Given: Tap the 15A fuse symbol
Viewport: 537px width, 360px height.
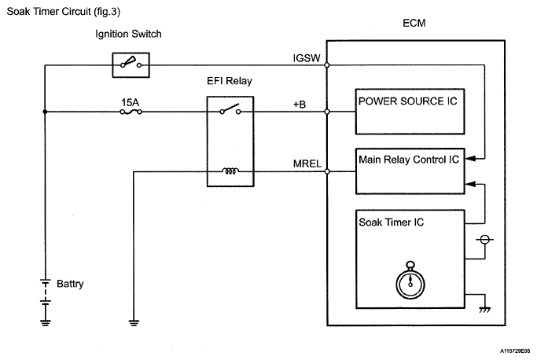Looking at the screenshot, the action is tap(131, 112).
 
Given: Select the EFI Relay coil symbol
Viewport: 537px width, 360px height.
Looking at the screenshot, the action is tap(230, 171).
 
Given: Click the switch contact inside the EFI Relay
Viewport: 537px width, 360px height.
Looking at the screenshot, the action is tap(230, 109).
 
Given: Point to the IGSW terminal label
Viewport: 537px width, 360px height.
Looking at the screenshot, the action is tap(307, 58).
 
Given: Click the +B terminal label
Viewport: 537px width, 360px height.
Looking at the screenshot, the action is tap(300, 104).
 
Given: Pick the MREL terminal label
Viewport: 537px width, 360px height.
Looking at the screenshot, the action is tap(307, 163).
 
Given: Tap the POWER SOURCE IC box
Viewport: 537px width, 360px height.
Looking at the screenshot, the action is tap(410, 112).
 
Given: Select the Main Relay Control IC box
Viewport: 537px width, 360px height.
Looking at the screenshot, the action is tap(410, 171).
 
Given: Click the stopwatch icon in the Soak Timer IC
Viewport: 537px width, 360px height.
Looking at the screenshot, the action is tap(410, 280).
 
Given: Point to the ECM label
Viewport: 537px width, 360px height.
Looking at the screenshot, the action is tap(414, 24).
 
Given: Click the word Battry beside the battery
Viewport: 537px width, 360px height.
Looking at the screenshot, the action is tap(70, 284).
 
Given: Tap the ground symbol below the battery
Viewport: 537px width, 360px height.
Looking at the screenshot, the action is tap(45, 323).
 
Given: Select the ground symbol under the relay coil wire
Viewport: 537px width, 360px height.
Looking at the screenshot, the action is tap(134, 323).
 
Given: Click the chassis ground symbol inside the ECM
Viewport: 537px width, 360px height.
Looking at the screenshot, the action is tap(484, 310).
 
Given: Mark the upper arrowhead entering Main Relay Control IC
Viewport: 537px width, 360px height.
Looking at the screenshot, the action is tap(470, 159).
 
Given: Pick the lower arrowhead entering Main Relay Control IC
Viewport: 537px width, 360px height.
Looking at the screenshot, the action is tap(470, 184).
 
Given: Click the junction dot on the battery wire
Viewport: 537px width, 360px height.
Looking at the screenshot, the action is tap(45, 112).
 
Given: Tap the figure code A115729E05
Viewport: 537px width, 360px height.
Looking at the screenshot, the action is tap(515, 351).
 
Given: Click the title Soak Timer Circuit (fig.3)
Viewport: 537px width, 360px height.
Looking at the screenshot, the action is tap(64, 12).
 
